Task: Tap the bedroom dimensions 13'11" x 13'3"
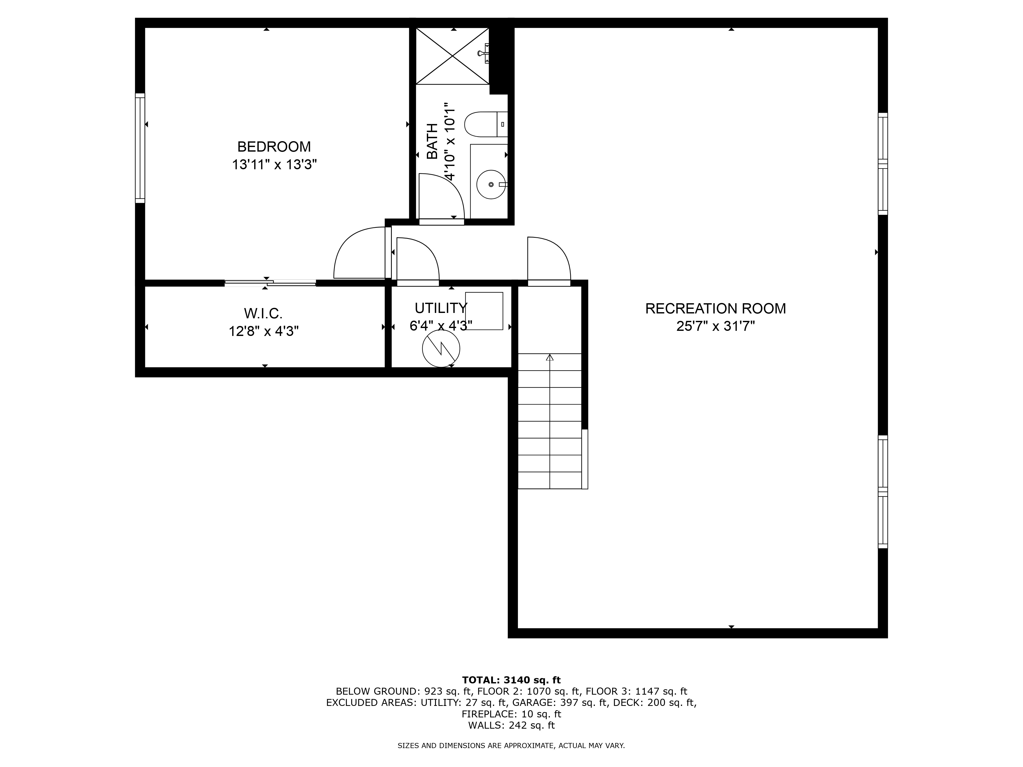pyautogui.click(x=274, y=165)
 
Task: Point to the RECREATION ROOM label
pyautogui.click(x=715, y=308)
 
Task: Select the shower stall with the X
pyautogui.click(x=452, y=56)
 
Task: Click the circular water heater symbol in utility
pyautogui.click(x=441, y=348)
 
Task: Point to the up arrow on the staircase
pyautogui.click(x=549, y=357)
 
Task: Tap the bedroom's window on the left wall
pyautogui.click(x=140, y=148)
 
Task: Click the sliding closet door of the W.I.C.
pyautogui.click(x=270, y=283)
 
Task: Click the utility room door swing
pyautogui.click(x=416, y=259)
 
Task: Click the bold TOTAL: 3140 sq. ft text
pyautogui.click(x=511, y=680)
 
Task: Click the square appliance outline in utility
pyautogui.click(x=484, y=311)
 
